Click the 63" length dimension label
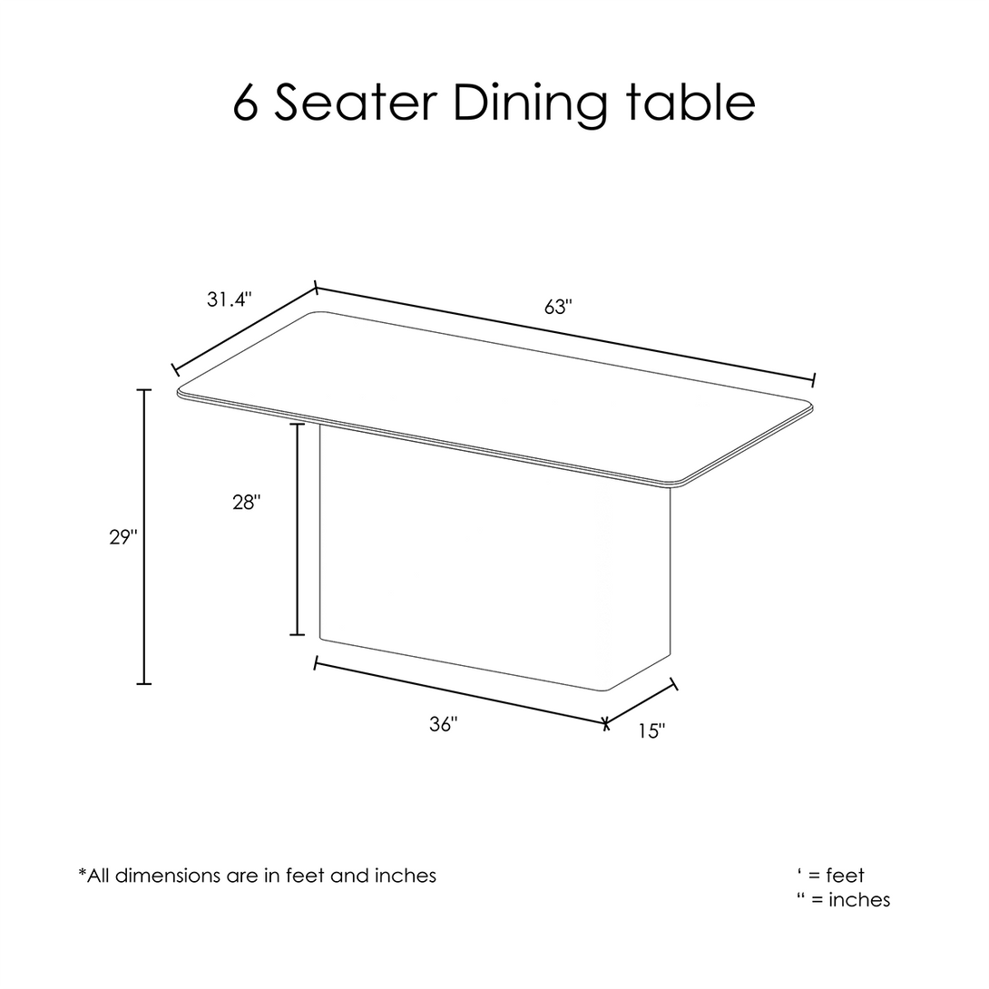[558, 308]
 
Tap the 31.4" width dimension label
[230, 299]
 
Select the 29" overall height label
[123, 537]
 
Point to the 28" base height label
[247, 503]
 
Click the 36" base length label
[444, 725]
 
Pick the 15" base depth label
[651, 731]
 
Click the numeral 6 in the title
[246, 103]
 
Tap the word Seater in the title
[355, 103]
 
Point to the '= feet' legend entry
[831, 876]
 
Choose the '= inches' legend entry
[844, 899]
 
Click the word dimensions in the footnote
[167, 876]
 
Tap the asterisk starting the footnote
[82, 872]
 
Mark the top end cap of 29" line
[144, 390]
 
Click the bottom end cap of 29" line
[144, 683]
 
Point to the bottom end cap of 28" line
[297, 634]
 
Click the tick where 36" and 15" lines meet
[605, 723]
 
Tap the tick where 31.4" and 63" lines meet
[316, 289]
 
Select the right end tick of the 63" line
[814, 379]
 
